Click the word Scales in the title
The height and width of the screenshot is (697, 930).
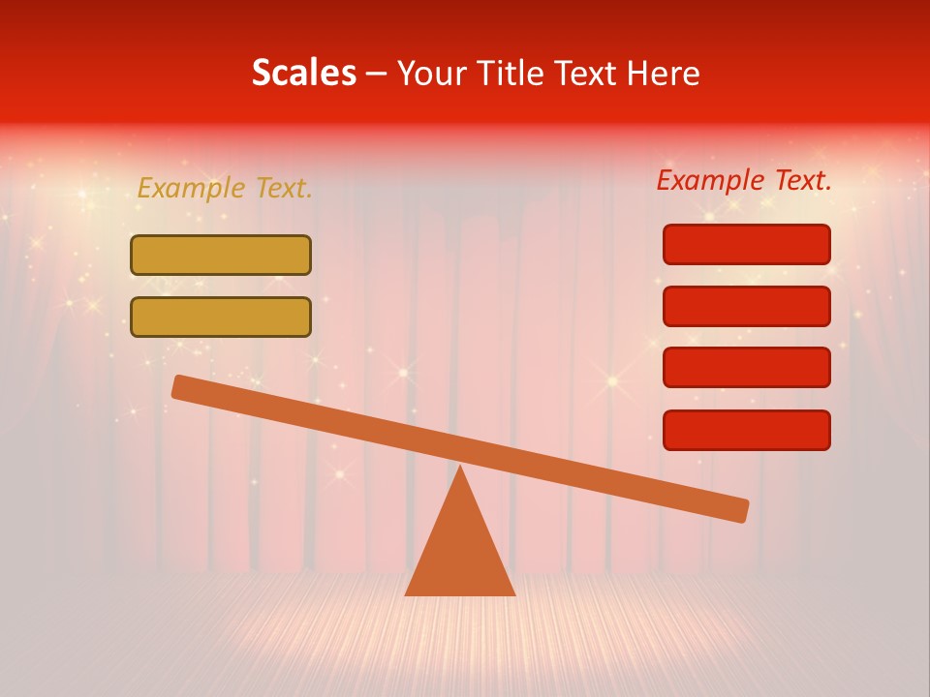(x=304, y=74)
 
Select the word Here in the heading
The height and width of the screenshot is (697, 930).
(x=665, y=74)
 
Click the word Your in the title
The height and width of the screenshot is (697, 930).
(x=432, y=74)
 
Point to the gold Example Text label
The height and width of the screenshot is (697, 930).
(x=225, y=188)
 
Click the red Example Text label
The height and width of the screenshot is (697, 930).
(x=744, y=180)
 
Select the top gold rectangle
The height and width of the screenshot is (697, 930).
(x=221, y=256)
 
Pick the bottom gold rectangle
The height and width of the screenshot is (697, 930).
(x=221, y=317)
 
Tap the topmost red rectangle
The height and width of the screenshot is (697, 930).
(x=746, y=244)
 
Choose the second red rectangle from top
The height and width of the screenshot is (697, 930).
(x=746, y=306)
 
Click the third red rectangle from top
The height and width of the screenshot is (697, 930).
(x=746, y=368)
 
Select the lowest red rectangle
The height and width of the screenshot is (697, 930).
(x=746, y=430)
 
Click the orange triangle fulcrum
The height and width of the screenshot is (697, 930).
(x=460, y=552)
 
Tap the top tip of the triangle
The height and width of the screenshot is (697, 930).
(x=460, y=469)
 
